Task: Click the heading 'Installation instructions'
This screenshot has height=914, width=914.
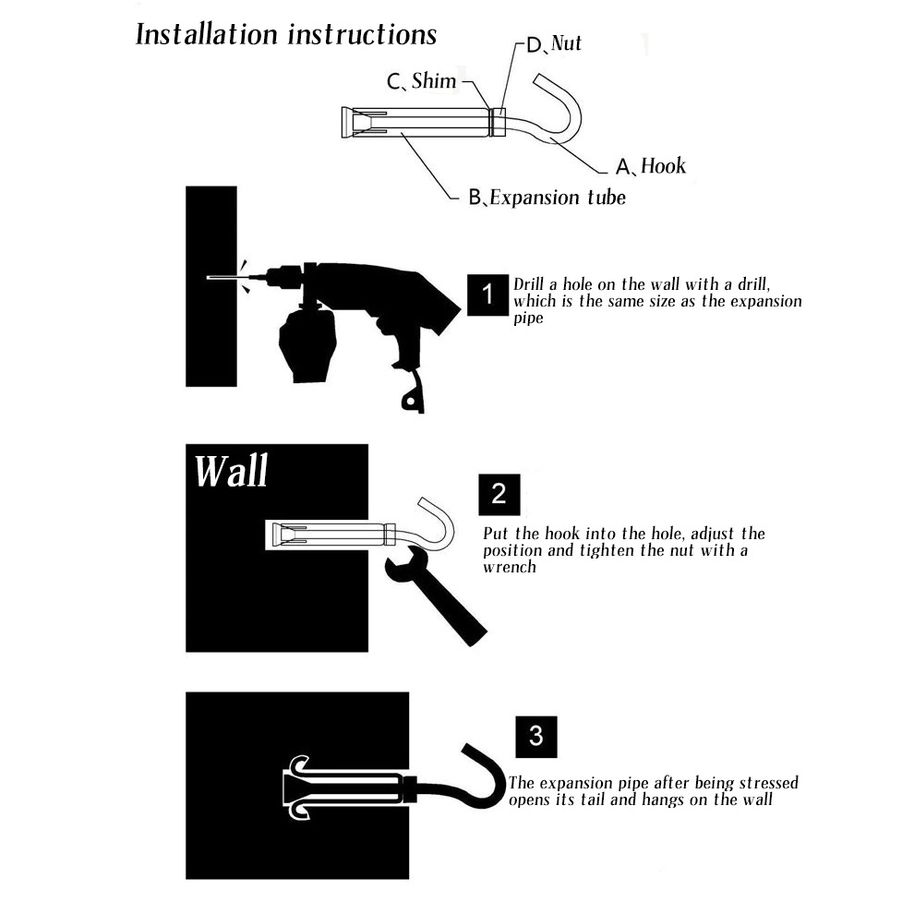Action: [x=285, y=34]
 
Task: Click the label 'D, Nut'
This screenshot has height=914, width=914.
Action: [x=554, y=43]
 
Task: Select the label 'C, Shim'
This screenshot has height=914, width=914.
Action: [x=421, y=81]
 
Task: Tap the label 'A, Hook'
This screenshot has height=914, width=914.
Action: [x=651, y=166]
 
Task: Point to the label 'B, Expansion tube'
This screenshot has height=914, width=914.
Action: [x=547, y=198]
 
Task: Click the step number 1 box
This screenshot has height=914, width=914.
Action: [x=487, y=295]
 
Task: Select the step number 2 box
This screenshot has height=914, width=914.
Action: [x=499, y=494]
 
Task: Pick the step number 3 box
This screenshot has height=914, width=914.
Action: [x=536, y=737]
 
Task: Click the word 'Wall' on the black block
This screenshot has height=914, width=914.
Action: [x=232, y=471]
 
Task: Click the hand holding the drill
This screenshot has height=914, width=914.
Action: [x=307, y=345]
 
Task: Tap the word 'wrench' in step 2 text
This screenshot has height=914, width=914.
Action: [x=510, y=567]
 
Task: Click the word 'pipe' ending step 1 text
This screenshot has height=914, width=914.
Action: [x=528, y=319]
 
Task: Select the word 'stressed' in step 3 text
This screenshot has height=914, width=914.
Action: [x=764, y=783]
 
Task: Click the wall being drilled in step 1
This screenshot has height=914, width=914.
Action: [x=211, y=286]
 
